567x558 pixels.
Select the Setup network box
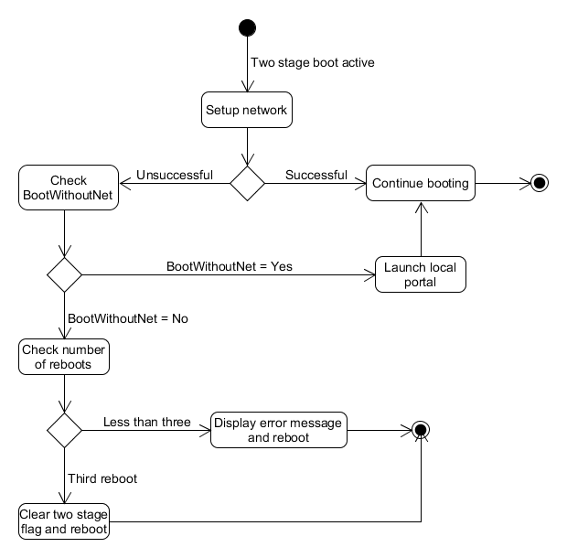point(247,110)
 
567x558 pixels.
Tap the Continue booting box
point(421,183)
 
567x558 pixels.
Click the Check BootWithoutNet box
point(69,188)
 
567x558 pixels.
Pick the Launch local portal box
point(421,274)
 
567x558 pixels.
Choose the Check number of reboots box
point(64,357)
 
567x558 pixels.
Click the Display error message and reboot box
point(279,430)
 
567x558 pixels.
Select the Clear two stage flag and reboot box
point(64,521)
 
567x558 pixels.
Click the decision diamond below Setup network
point(247,183)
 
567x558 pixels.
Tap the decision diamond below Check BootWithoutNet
point(64,274)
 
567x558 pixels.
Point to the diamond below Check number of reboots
point(64,429)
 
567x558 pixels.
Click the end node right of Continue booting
point(539,183)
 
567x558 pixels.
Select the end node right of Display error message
point(421,429)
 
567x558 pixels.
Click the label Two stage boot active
point(312,63)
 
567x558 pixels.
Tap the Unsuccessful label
point(175,175)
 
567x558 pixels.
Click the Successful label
point(316,175)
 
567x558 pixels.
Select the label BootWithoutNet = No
point(128,319)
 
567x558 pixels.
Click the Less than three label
point(147,422)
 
